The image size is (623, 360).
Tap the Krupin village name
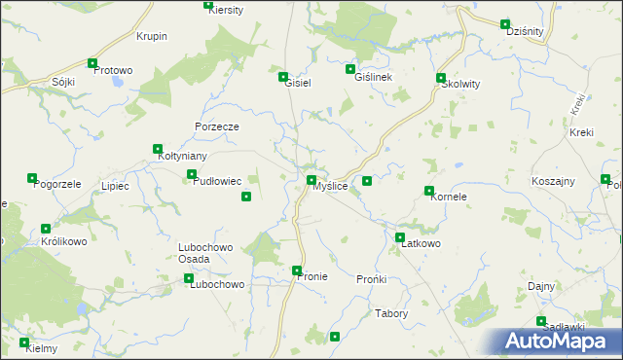[152, 37]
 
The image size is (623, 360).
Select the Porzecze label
[217, 126]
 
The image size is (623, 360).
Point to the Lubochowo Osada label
[205, 253]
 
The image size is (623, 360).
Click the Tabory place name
[391, 313]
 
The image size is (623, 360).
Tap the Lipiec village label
[115, 186]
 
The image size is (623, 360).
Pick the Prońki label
[372, 279]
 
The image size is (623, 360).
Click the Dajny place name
[541, 286]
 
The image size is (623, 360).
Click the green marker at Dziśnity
[505, 24]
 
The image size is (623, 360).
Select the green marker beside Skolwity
[441, 78]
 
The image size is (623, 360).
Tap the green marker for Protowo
[93, 64]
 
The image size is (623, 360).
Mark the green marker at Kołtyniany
[158, 150]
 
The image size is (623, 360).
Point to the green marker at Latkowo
[400, 237]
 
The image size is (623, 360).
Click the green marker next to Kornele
[429, 191]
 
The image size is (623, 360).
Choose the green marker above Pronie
[297, 270]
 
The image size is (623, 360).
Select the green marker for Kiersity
[208, 5]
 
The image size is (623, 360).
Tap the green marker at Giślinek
[350, 69]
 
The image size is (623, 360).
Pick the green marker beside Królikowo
[45, 230]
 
